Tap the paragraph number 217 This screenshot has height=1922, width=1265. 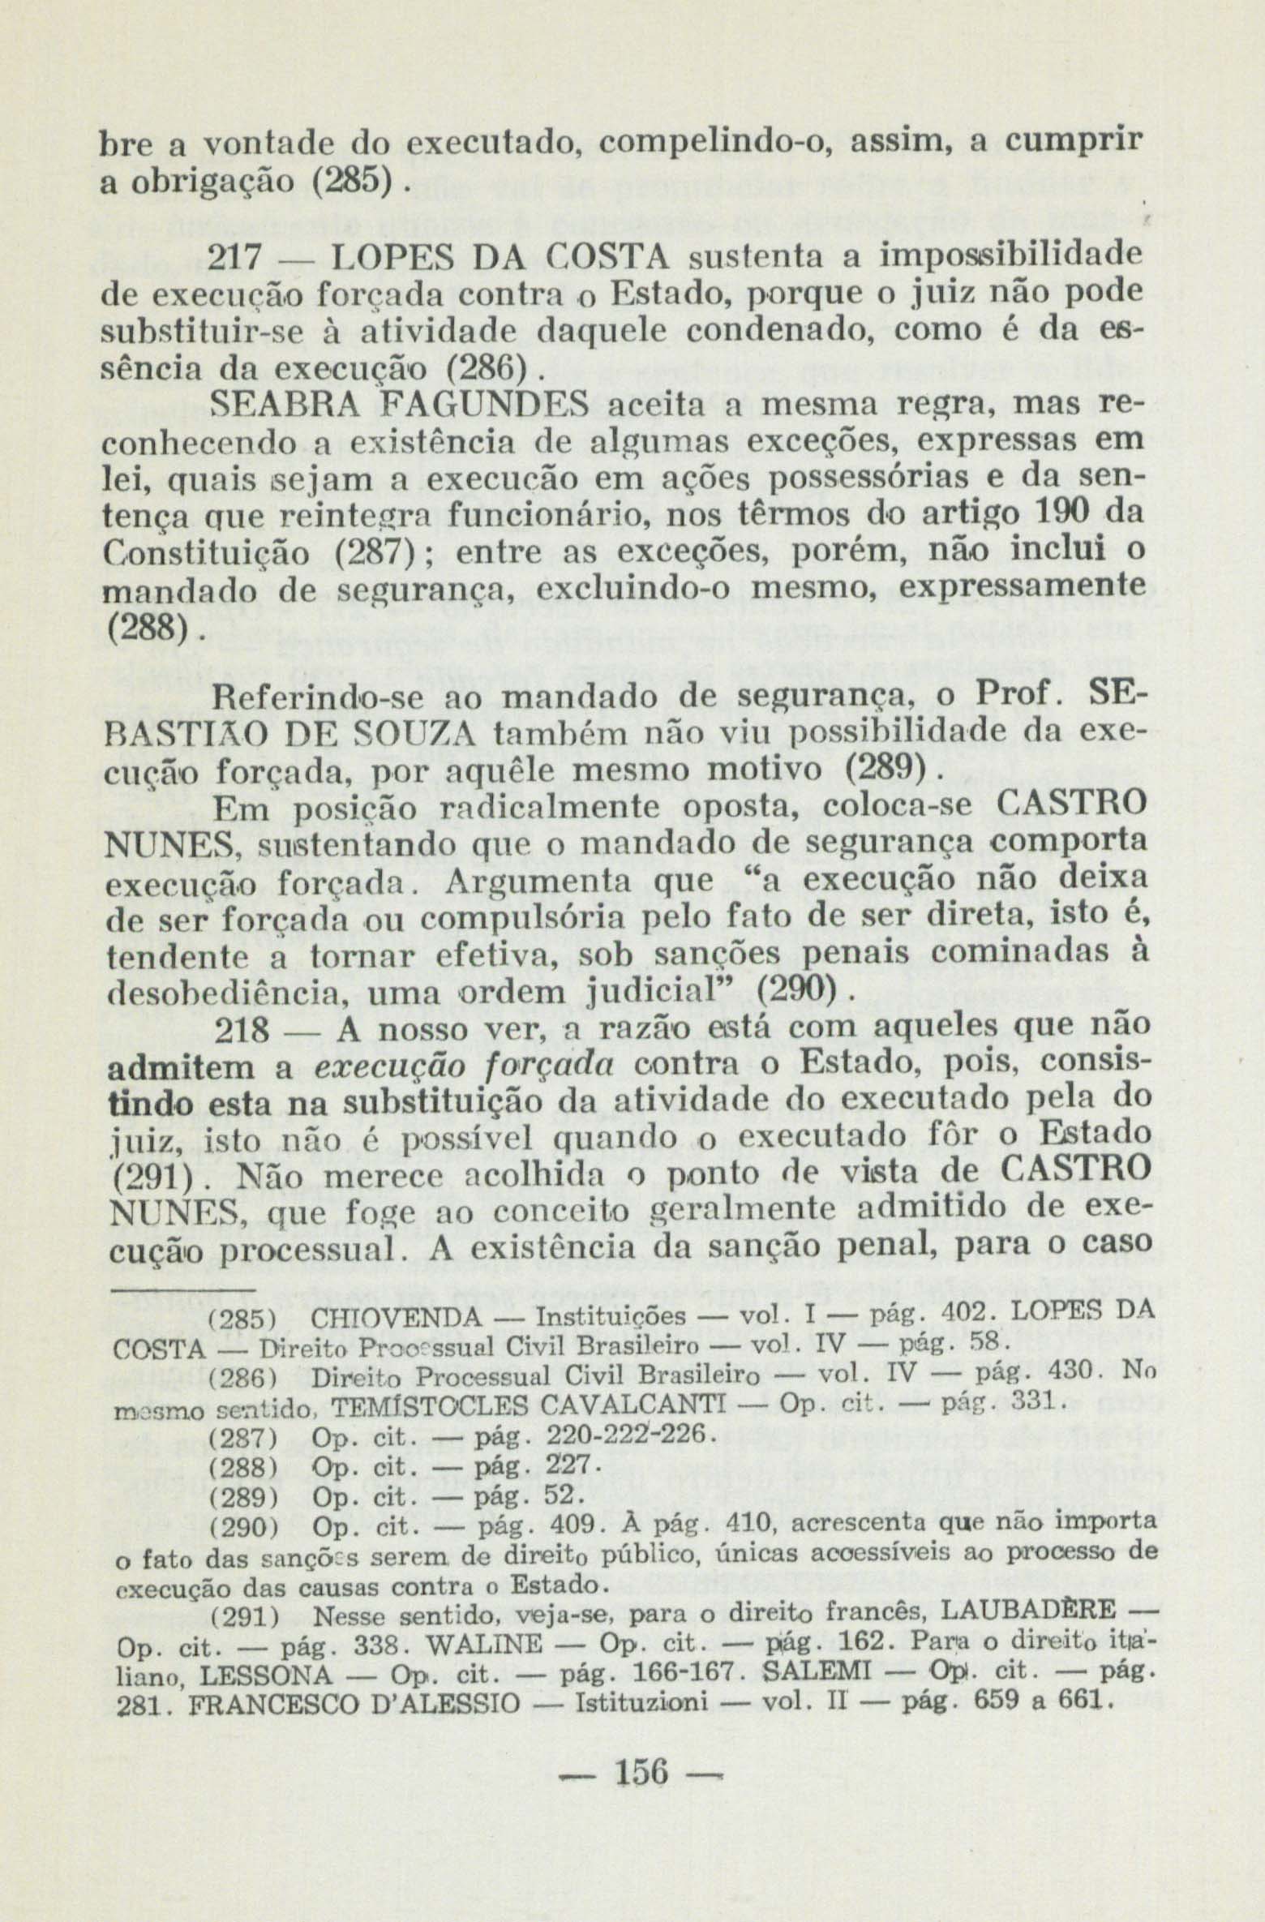pyautogui.click(x=236, y=257)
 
